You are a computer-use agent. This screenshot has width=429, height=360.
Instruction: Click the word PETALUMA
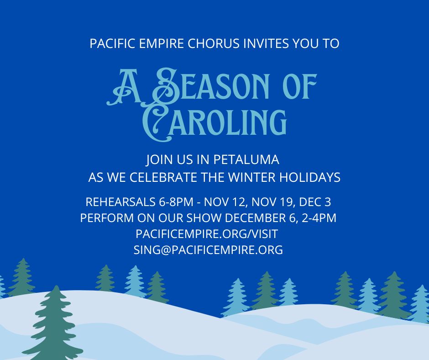(246, 160)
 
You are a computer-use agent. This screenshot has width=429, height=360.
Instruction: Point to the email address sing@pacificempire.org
(208, 250)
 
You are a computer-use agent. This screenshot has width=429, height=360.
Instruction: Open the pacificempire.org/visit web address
(207, 234)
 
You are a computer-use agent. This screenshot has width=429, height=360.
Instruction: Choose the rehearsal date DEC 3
(315, 202)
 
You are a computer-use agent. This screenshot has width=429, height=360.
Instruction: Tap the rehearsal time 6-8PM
(176, 202)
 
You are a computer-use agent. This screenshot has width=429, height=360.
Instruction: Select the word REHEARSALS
(120, 202)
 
